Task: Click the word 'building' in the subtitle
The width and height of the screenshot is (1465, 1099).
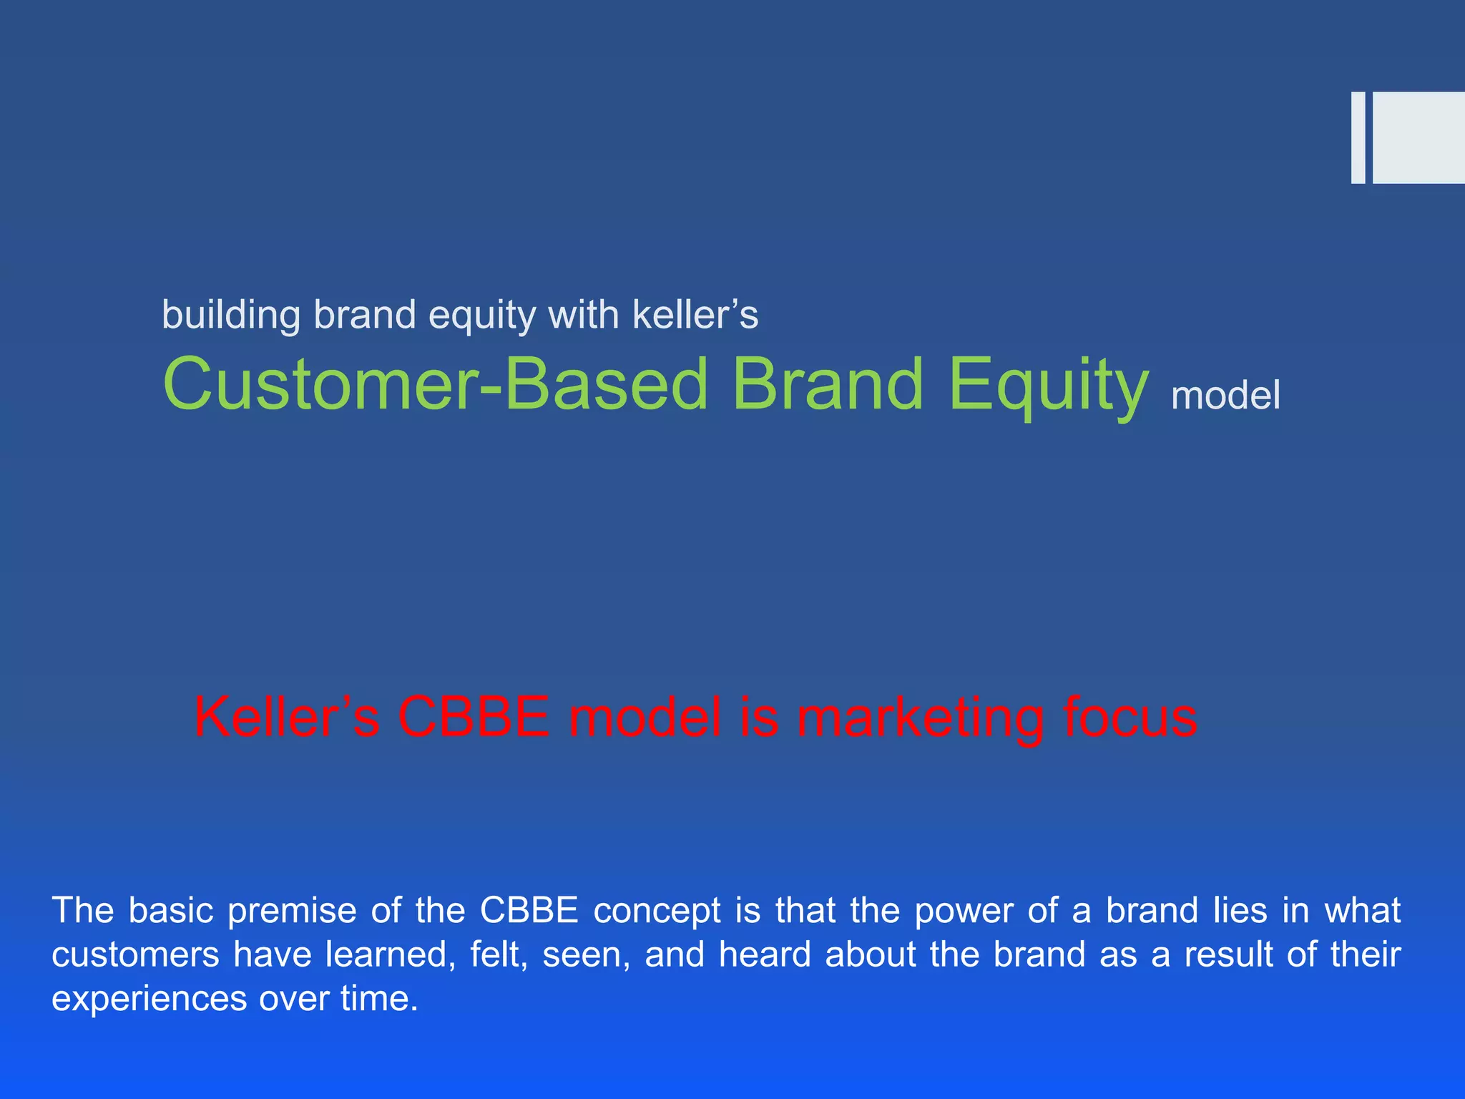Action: (x=231, y=316)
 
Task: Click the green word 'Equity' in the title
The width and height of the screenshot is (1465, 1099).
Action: (x=1048, y=386)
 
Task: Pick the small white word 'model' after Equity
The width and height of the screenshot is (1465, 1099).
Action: (x=1225, y=396)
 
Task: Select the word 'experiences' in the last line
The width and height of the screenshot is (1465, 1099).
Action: (x=149, y=999)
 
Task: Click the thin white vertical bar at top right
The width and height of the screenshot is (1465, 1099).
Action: (x=1358, y=138)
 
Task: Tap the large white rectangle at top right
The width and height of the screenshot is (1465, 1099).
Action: (x=1419, y=138)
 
